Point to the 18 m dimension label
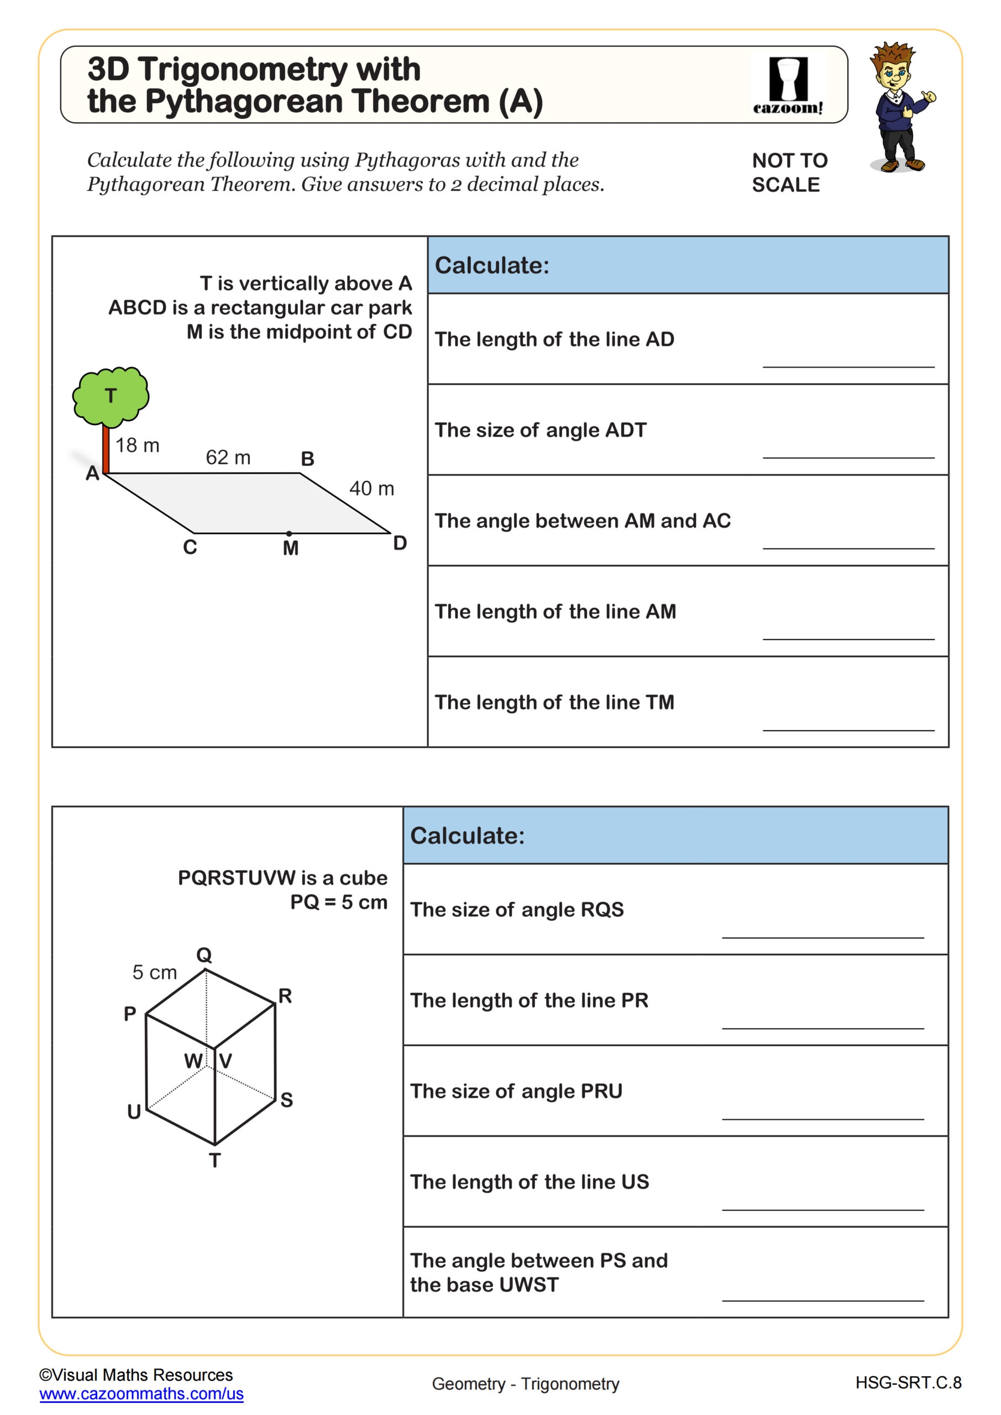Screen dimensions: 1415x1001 coord(138,445)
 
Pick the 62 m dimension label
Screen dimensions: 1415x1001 coord(228,457)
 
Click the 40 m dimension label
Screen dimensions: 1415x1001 coord(371,489)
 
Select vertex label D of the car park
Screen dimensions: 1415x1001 coord(400,543)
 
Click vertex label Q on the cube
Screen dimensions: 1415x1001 coord(204,955)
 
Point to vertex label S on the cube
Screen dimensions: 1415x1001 coord(287,1100)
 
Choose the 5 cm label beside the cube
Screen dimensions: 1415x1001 coord(155,972)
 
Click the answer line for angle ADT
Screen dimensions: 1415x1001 coord(848,457)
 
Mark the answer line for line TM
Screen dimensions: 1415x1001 coord(848,730)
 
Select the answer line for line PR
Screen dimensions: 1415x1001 coord(823,1028)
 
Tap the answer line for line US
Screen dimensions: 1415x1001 coord(823,1210)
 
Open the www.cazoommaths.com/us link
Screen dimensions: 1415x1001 coord(141,1393)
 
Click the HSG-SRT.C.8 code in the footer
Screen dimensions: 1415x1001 coord(908,1383)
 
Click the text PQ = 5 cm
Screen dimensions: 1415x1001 coord(338,902)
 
